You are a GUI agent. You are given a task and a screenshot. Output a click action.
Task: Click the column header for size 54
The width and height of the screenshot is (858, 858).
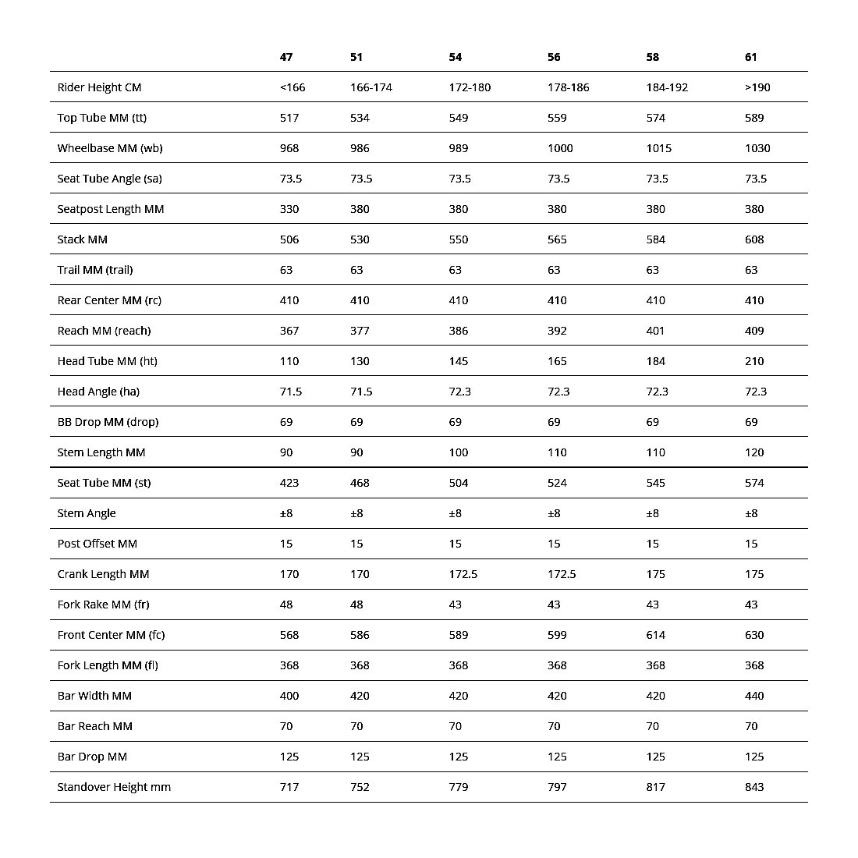pos(456,57)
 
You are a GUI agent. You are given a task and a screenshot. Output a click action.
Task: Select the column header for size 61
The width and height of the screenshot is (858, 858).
pos(751,57)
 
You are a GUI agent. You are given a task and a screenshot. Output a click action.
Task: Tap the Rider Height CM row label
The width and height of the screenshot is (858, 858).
pos(99,87)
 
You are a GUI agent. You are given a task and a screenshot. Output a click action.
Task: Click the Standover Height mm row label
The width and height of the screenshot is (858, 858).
pos(114,787)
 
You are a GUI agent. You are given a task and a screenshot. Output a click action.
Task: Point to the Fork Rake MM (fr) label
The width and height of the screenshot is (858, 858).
pos(103,604)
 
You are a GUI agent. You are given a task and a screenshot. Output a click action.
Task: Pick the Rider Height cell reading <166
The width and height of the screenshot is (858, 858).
pos(292,87)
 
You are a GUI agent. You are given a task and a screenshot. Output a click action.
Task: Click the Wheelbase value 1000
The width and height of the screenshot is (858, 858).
pos(560,148)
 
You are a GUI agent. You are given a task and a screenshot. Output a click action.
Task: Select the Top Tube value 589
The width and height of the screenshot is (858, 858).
pos(754,118)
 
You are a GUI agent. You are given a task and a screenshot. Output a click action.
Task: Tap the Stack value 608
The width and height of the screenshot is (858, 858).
pos(754,239)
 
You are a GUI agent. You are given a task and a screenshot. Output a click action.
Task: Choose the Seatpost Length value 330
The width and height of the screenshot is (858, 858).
pos(289,209)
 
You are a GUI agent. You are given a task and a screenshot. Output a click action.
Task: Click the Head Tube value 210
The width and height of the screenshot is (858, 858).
pos(754,361)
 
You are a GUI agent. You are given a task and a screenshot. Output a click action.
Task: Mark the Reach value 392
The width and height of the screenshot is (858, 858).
pos(557,331)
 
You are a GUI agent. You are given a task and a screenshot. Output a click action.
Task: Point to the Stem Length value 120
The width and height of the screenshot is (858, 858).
pos(754,452)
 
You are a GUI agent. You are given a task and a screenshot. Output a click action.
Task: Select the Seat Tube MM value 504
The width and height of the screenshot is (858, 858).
pos(459,483)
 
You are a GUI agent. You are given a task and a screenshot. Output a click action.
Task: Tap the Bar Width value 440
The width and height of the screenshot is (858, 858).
pos(754,696)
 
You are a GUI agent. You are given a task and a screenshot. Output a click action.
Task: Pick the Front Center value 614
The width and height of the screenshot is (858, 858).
pos(656,635)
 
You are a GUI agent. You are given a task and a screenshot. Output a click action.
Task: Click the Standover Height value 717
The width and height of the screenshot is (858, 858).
pos(289,787)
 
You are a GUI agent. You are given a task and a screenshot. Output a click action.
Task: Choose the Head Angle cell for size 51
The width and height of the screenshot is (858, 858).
pos(361,392)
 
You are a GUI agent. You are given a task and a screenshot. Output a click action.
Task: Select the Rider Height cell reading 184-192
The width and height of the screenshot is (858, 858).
pos(667,87)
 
